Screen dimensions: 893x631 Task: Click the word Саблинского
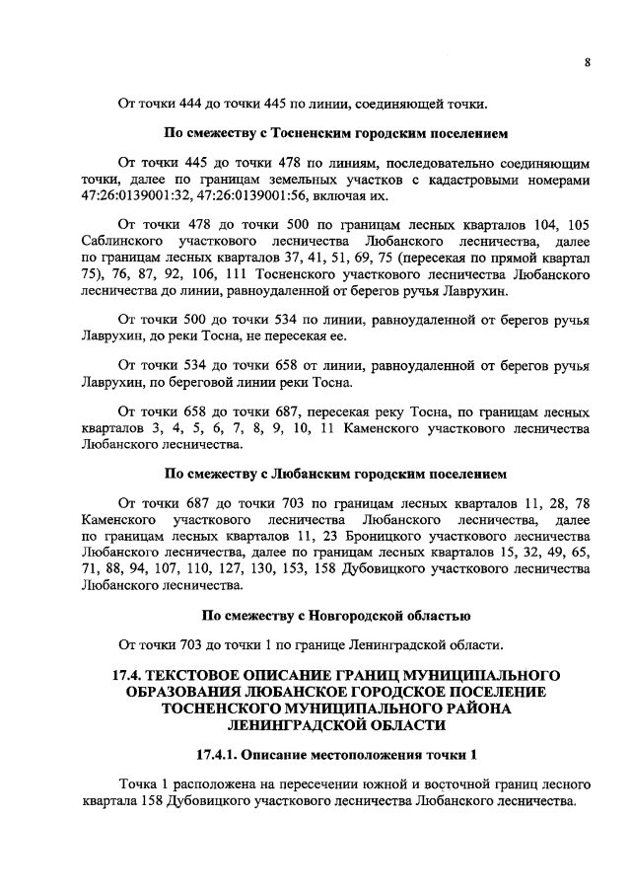coord(118,240)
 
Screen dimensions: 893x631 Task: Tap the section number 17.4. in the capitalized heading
coord(130,675)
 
